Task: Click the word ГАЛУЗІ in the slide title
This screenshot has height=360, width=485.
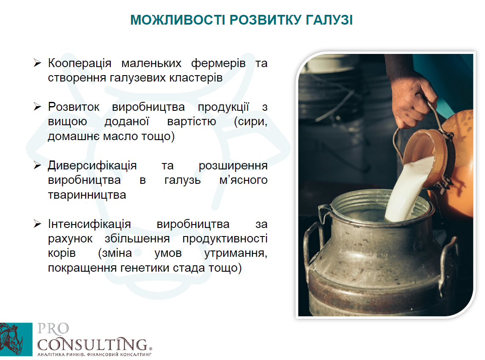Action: click(329, 20)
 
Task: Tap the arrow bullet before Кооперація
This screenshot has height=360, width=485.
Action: click(37, 63)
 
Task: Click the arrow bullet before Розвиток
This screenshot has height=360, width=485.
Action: click(37, 107)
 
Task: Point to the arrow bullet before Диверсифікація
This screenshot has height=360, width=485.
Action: click(37, 165)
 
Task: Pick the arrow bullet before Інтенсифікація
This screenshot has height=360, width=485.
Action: click(37, 224)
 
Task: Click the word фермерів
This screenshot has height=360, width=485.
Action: click(219, 63)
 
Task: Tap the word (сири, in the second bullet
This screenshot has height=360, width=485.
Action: click(250, 122)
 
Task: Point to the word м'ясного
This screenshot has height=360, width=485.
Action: click(244, 180)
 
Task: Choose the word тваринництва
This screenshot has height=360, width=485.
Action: click(87, 195)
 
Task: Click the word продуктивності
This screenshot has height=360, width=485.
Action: click(225, 239)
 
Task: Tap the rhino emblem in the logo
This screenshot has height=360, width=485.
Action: click(16, 339)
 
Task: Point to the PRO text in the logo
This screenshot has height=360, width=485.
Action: click(53, 329)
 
